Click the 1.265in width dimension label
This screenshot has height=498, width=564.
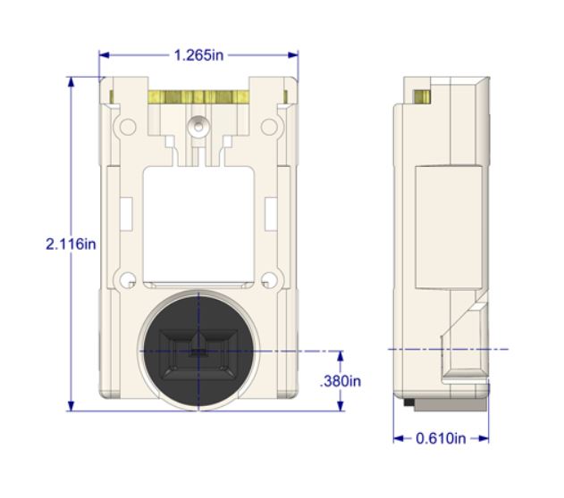[198, 55]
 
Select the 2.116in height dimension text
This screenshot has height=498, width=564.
[71, 245]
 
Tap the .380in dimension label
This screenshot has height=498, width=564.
[341, 381]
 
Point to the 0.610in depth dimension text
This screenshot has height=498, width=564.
[441, 438]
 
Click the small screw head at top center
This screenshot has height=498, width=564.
[198, 126]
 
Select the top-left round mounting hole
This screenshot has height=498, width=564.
[128, 127]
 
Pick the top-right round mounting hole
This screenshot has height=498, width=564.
[269, 127]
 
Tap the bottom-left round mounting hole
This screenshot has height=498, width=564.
[127, 279]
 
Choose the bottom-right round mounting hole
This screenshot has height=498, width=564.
[269, 279]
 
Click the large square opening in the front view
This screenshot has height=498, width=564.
[198, 224]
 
